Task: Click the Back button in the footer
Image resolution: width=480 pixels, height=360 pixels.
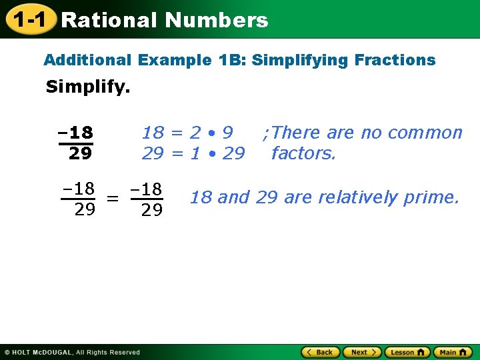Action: point(321,352)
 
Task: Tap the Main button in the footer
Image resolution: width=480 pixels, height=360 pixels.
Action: point(452,352)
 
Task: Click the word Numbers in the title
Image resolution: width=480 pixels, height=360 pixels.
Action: point(216,21)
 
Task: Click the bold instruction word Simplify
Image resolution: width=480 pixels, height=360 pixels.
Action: point(87,87)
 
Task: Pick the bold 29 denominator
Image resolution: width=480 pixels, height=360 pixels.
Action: point(80,154)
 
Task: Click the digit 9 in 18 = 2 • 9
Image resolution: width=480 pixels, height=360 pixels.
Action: point(227,133)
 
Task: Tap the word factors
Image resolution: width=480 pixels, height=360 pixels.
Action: point(303,153)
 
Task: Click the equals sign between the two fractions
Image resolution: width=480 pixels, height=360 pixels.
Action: point(113,199)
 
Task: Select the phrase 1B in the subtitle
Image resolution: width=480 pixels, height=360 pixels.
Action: point(227,60)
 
